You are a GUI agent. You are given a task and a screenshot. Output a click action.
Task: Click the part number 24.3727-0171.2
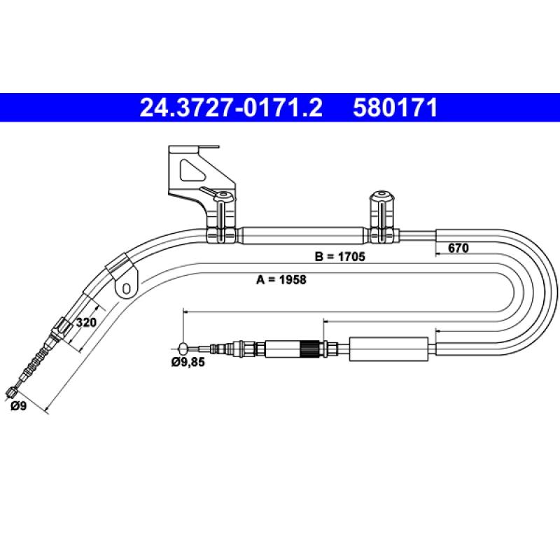click(x=231, y=108)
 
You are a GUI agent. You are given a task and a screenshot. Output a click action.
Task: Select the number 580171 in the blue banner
click(x=395, y=108)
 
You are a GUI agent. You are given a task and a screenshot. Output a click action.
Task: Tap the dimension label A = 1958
click(x=281, y=279)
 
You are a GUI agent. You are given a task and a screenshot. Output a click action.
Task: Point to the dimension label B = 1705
click(x=340, y=256)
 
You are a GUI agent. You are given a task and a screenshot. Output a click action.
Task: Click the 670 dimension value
click(x=458, y=248)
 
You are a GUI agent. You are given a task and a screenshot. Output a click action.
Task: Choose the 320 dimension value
click(x=86, y=323)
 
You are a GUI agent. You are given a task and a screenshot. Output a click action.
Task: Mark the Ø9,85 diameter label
click(x=188, y=362)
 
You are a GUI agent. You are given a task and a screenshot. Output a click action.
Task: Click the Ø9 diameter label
click(x=19, y=406)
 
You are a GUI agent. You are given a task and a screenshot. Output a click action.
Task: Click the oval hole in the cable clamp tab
click(x=126, y=288)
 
